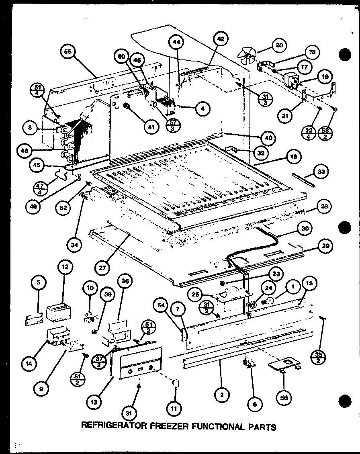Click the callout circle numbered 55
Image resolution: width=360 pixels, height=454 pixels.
[x=68, y=52]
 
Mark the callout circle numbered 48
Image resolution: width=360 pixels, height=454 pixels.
[x=27, y=151]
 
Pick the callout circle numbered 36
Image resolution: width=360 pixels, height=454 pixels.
[x=125, y=282]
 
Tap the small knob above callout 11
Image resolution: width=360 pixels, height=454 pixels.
[x=176, y=383]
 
